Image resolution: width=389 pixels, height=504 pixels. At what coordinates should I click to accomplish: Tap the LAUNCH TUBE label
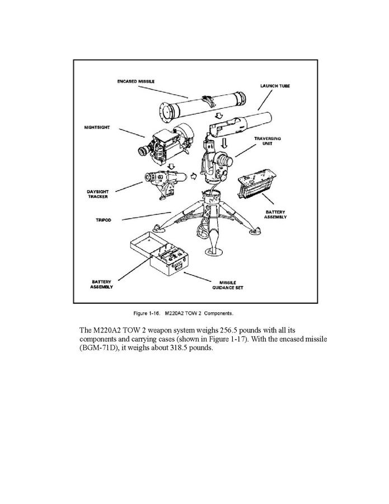click(275, 86)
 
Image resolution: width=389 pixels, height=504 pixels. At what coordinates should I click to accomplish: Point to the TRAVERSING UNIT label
click(268, 141)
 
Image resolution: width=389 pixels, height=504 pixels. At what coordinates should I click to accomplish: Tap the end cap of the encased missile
click(167, 112)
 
